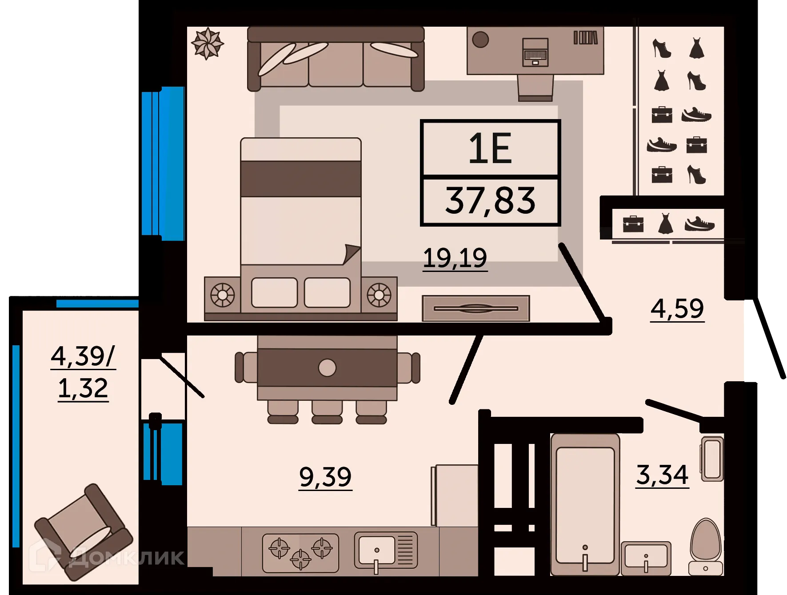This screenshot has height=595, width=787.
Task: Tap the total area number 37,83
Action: point(490,201)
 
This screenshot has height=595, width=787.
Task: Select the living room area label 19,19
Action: point(455,258)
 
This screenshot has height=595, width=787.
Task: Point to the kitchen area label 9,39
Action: point(325,477)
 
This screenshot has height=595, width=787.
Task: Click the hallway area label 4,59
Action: point(677,309)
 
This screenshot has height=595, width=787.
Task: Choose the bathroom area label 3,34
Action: point(662,475)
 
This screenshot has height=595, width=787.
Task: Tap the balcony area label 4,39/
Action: point(83,356)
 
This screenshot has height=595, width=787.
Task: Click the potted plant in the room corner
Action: point(207,44)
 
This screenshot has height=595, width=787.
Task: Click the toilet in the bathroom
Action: point(706,547)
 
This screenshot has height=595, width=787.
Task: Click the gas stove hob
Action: point(300,553)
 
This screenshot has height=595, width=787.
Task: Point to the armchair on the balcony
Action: point(84,531)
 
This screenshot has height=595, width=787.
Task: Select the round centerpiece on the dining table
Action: point(327,368)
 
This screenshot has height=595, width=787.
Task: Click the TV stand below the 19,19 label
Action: point(475,308)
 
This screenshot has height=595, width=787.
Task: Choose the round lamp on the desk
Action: point(480,40)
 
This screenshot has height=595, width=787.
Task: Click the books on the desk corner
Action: point(585,38)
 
